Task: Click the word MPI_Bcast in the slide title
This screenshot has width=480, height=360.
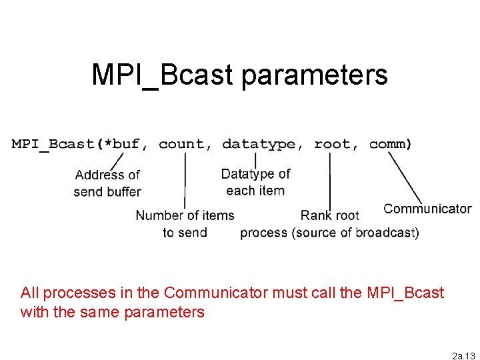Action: click(163, 75)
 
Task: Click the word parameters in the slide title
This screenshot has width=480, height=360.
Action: click(315, 75)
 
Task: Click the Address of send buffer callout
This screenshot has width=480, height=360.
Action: click(107, 183)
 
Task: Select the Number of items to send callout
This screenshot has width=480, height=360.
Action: click(185, 223)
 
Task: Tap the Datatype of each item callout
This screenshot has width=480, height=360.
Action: click(255, 182)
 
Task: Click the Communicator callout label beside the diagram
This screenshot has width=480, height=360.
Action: click(427, 209)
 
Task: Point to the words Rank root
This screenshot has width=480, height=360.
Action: click(329, 215)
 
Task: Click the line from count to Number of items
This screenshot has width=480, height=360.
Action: click(185, 180)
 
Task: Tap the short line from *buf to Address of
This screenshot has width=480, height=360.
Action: click(116, 161)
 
